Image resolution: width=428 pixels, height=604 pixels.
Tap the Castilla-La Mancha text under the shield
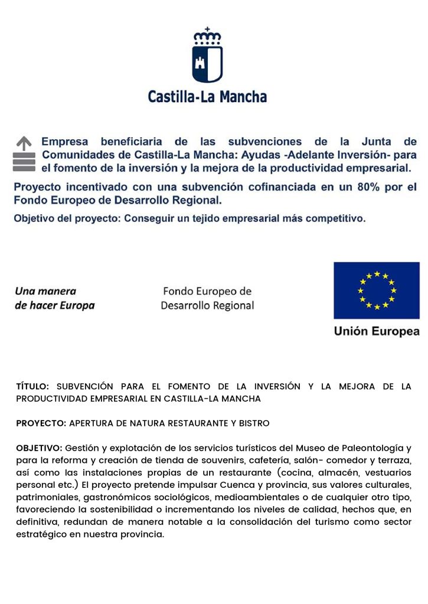[207, 96]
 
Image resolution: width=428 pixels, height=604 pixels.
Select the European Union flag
[376, 290]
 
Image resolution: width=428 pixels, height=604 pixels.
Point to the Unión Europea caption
[376, 331]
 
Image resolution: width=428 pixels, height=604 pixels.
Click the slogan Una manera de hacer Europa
[54, 298]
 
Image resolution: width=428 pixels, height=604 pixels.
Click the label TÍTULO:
[32, 387]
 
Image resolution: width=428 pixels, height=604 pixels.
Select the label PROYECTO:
[41, 424]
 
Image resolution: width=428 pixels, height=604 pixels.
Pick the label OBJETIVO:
[39, 448]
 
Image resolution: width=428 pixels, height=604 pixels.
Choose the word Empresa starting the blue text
[64, 142]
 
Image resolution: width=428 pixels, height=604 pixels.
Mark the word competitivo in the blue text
[338, 219]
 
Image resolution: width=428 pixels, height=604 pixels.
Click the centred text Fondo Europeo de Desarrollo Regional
[207, 298]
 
